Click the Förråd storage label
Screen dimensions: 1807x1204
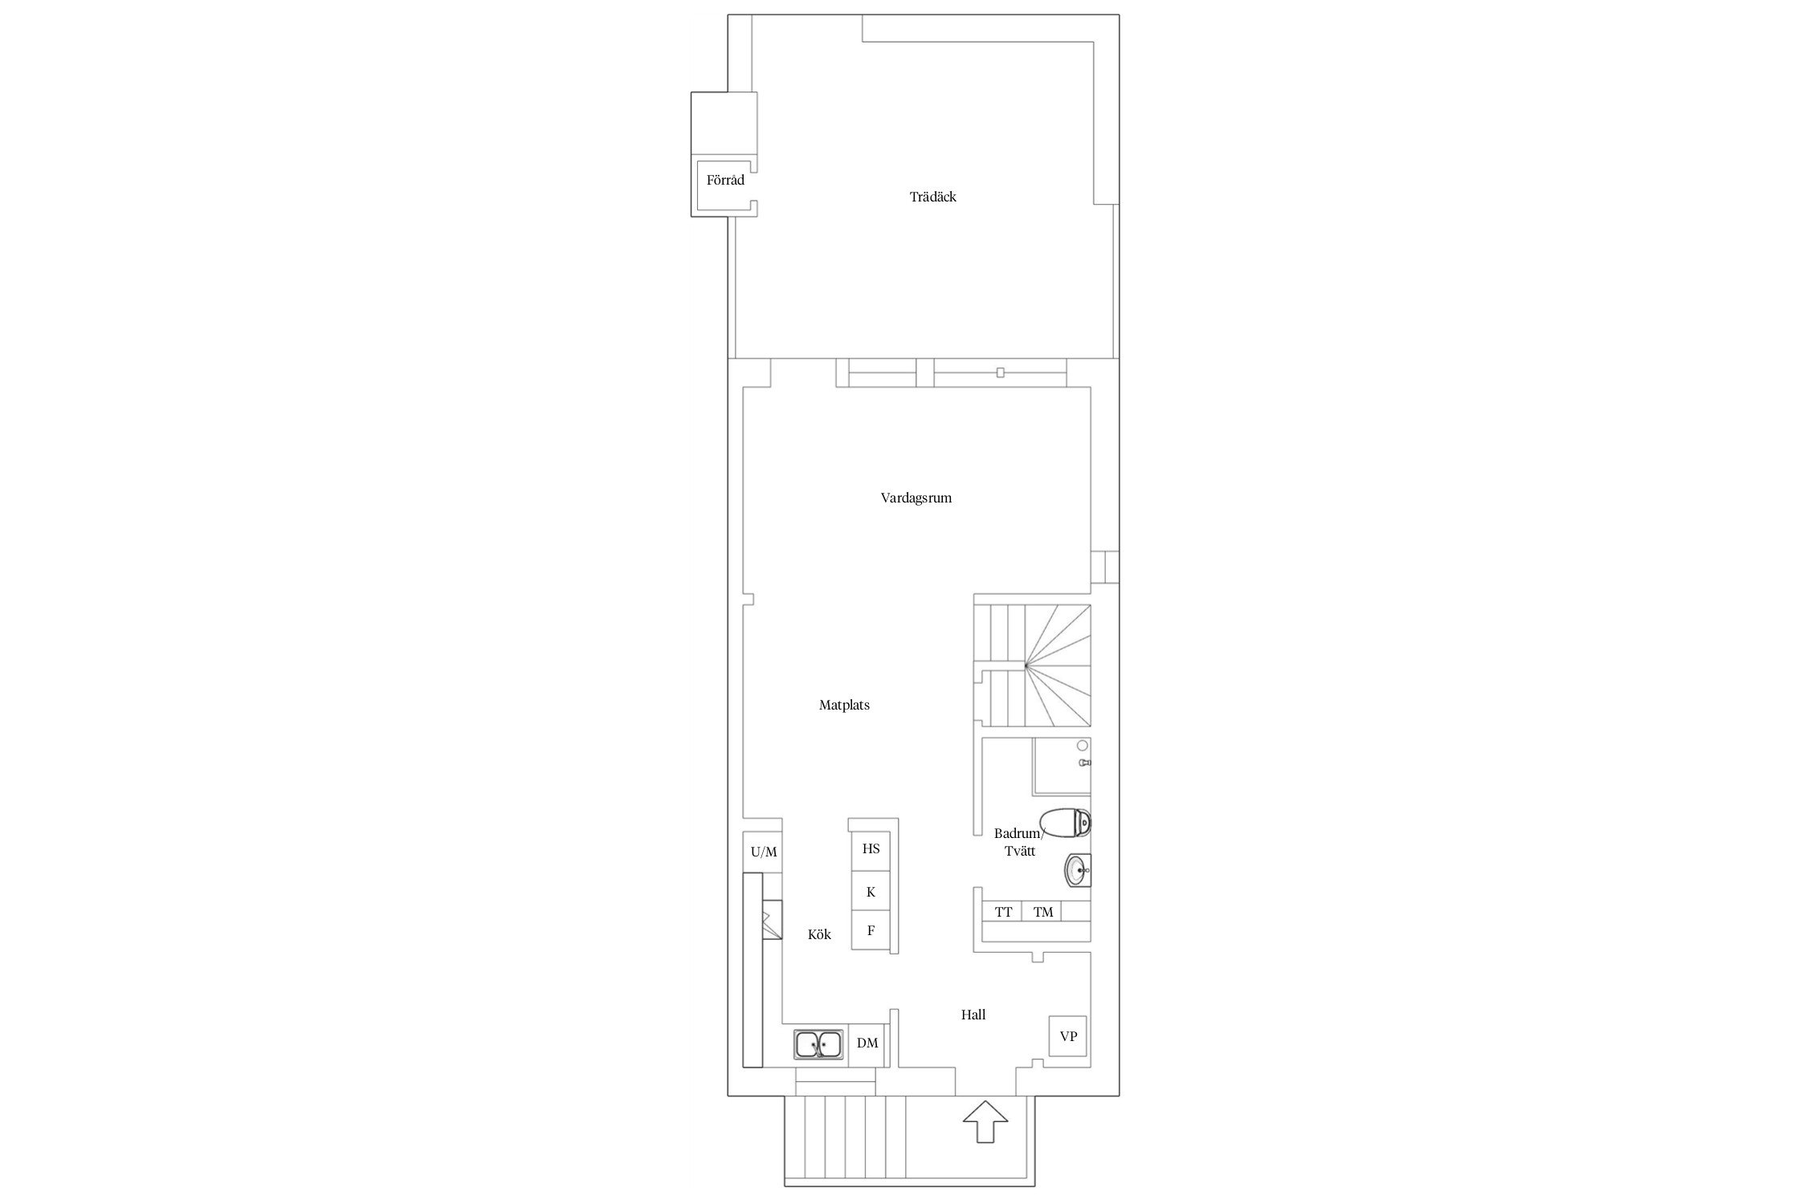[x=725, y=180]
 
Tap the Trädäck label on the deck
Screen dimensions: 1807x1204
[x=932, y=197]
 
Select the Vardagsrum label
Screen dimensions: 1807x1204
[x=916, y=498]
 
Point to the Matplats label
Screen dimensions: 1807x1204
[x=844, y=705]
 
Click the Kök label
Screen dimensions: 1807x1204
[x=819, y=934]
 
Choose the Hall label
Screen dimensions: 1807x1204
[x=973, y=1015]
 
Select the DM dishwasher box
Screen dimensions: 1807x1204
[x=867, y=1044]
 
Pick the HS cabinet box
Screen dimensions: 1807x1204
[x=871, y=850]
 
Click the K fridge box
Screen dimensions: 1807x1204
[x=871, y=891]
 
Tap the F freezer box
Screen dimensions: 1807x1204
[x=871, y=931]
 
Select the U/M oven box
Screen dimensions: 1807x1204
[x=764, y=852]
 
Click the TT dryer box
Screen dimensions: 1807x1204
[x=1003, y=912]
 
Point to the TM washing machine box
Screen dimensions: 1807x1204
[x=1042, y=912]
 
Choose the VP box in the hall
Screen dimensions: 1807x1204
[x=1068, y=1036]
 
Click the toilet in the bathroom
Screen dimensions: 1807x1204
[x=1065, y=823]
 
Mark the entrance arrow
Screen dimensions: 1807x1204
[x=985, y=1122]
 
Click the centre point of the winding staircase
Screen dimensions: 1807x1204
[x=1026, y=665]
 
